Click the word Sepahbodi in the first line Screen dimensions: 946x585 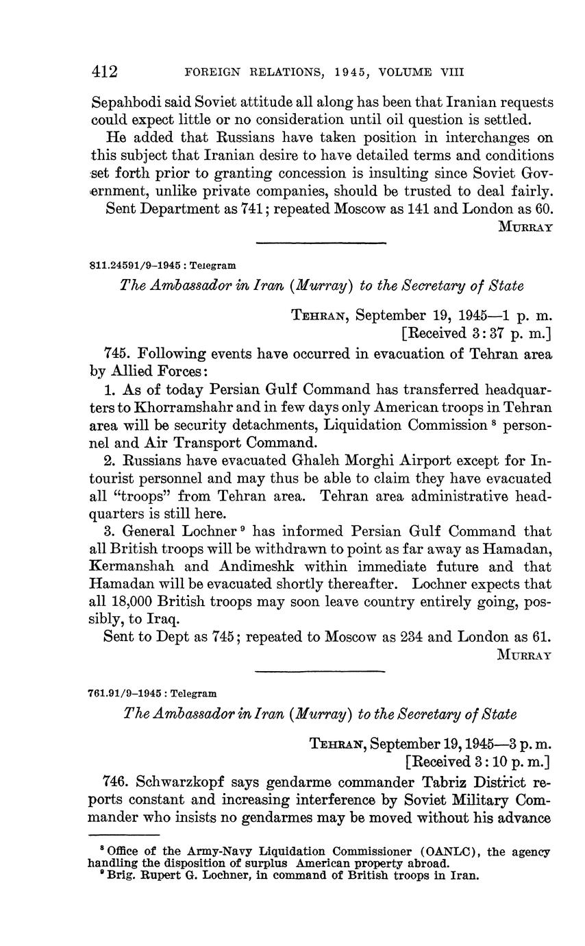click(x=125, y=103)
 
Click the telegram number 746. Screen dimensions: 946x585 click(x=115, y=781)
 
